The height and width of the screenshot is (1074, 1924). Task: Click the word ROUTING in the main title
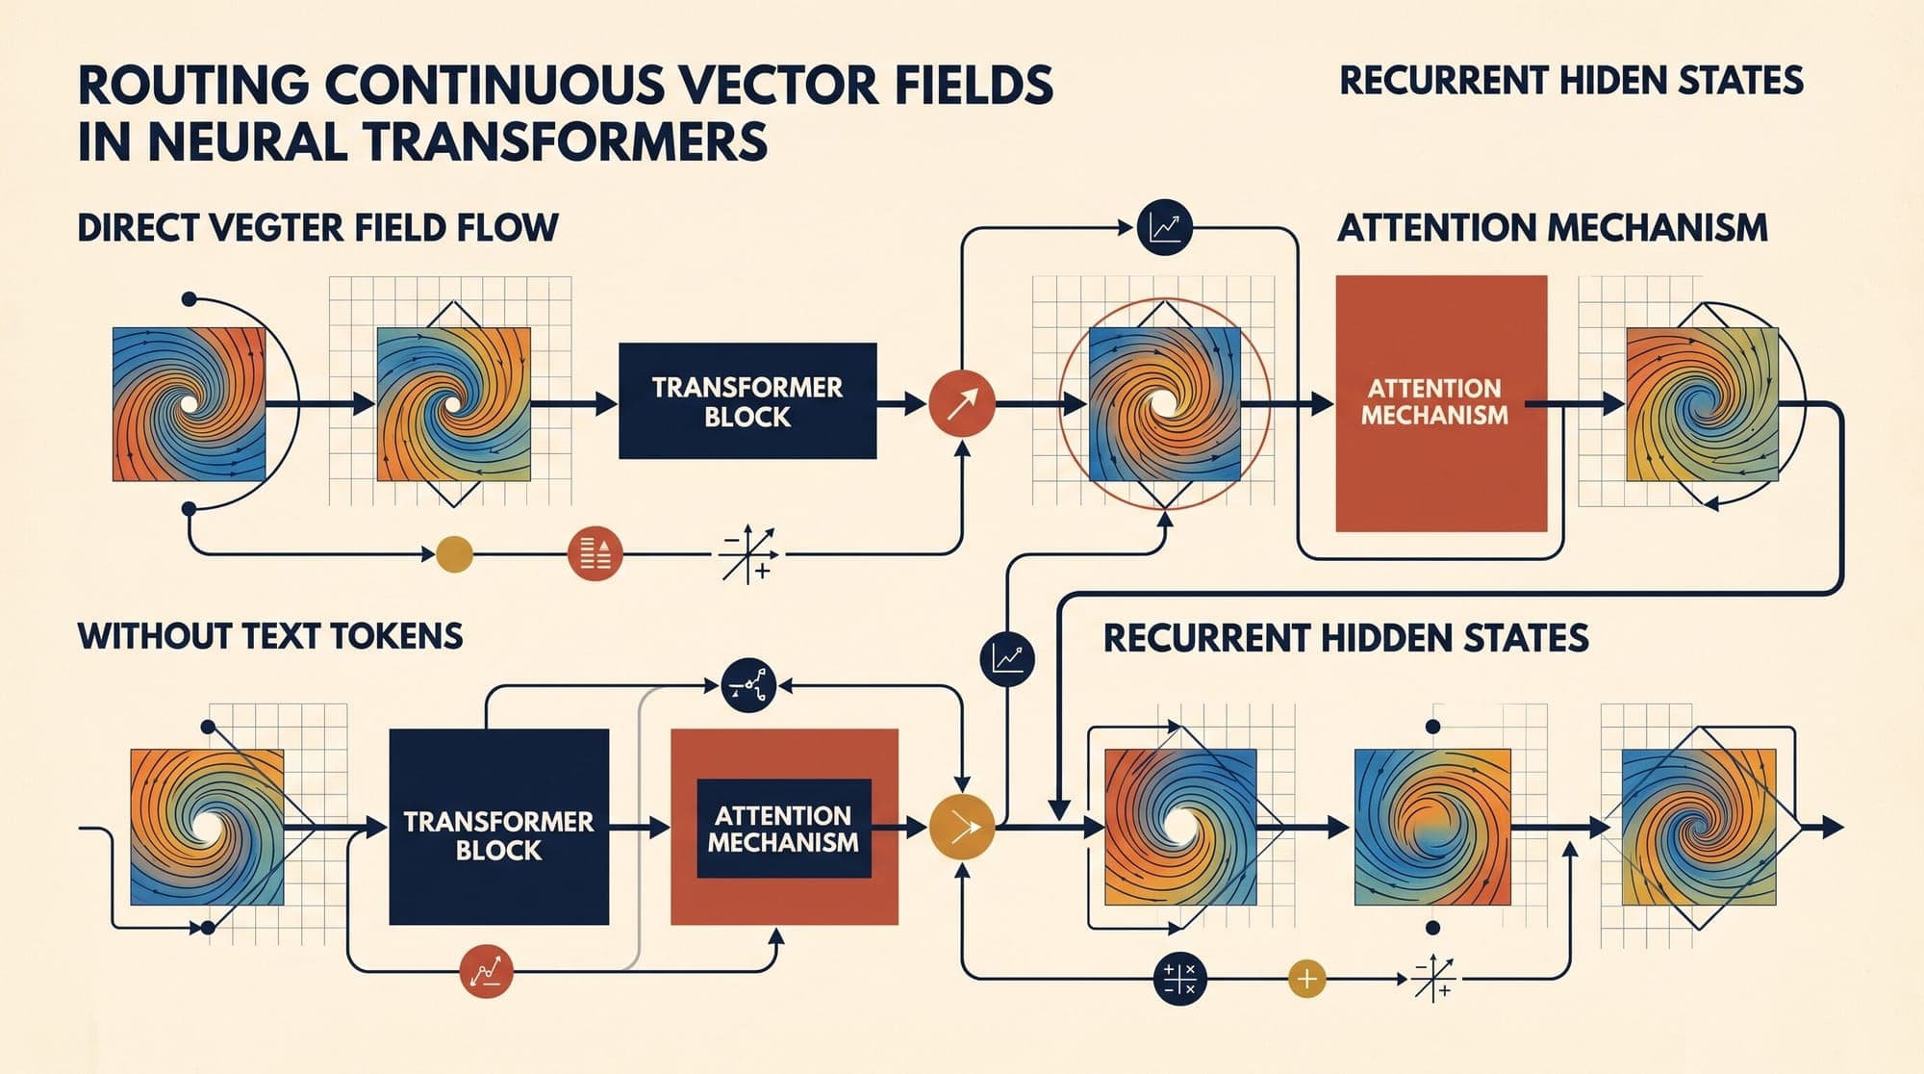(193, 85)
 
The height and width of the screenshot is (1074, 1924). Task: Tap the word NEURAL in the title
(247, 142)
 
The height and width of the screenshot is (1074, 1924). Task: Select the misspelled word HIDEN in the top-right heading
(1615, 81)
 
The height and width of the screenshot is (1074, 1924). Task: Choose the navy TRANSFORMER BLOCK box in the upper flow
(747, 400)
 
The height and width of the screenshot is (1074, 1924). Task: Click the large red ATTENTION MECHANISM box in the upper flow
(1441, 403)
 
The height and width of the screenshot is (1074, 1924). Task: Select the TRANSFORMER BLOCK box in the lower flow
(498, 827)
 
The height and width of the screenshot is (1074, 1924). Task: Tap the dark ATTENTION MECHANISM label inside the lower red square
(783, 829)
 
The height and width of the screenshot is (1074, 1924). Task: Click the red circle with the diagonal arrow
(961, 404)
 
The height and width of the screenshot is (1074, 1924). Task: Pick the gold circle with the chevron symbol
(962, 827)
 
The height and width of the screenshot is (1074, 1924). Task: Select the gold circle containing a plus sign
(1306, 980)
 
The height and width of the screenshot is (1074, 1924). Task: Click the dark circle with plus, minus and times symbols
(1179, 979)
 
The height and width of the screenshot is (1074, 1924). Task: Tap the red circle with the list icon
(595, 553)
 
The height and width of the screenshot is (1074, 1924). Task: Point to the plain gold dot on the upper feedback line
(454, 553)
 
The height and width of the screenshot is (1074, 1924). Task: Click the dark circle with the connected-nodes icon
(747, 685)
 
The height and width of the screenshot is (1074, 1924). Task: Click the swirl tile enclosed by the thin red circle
(1164, 404)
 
